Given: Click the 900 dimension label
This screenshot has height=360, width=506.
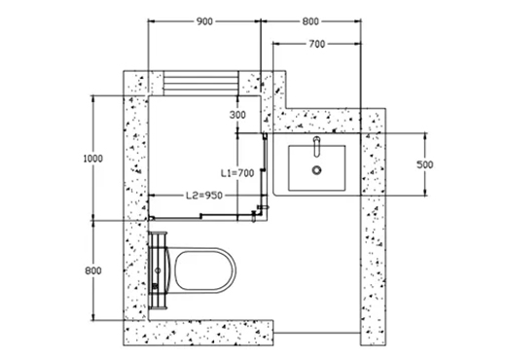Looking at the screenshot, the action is tap(204, 21).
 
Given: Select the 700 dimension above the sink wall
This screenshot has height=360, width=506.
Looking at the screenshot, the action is tap(317, 44).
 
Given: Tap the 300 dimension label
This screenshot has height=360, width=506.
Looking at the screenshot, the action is tap(237, 115).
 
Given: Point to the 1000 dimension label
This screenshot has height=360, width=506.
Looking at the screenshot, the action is tap(93, 159).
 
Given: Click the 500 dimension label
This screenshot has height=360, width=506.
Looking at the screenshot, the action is tap(424, 164).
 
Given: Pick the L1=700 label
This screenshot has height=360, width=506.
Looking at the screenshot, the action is tap(237, 173).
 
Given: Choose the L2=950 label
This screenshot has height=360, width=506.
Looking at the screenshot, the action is tap(204, 196).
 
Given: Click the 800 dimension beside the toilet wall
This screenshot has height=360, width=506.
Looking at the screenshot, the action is tap(93, 270).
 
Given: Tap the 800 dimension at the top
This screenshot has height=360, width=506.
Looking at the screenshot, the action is tap(310, 21).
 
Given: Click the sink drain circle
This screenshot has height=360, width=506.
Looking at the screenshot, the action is tap(317, 169).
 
